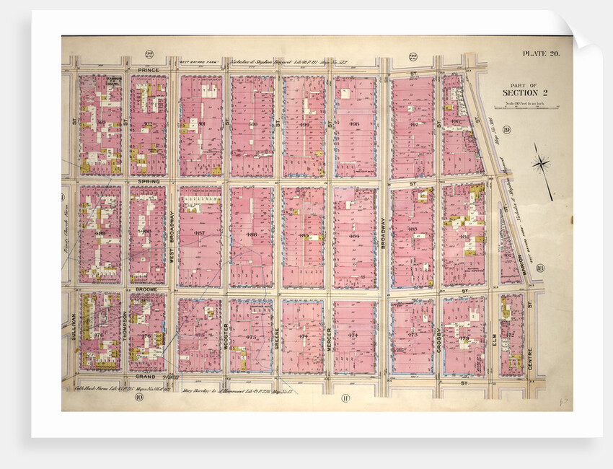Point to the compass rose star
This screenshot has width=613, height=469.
(541, 164)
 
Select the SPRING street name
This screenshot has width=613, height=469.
(148, 181)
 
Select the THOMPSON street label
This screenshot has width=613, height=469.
(125, 326)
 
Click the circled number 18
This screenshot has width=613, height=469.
(539, 268)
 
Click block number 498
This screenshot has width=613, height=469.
(353, 124)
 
